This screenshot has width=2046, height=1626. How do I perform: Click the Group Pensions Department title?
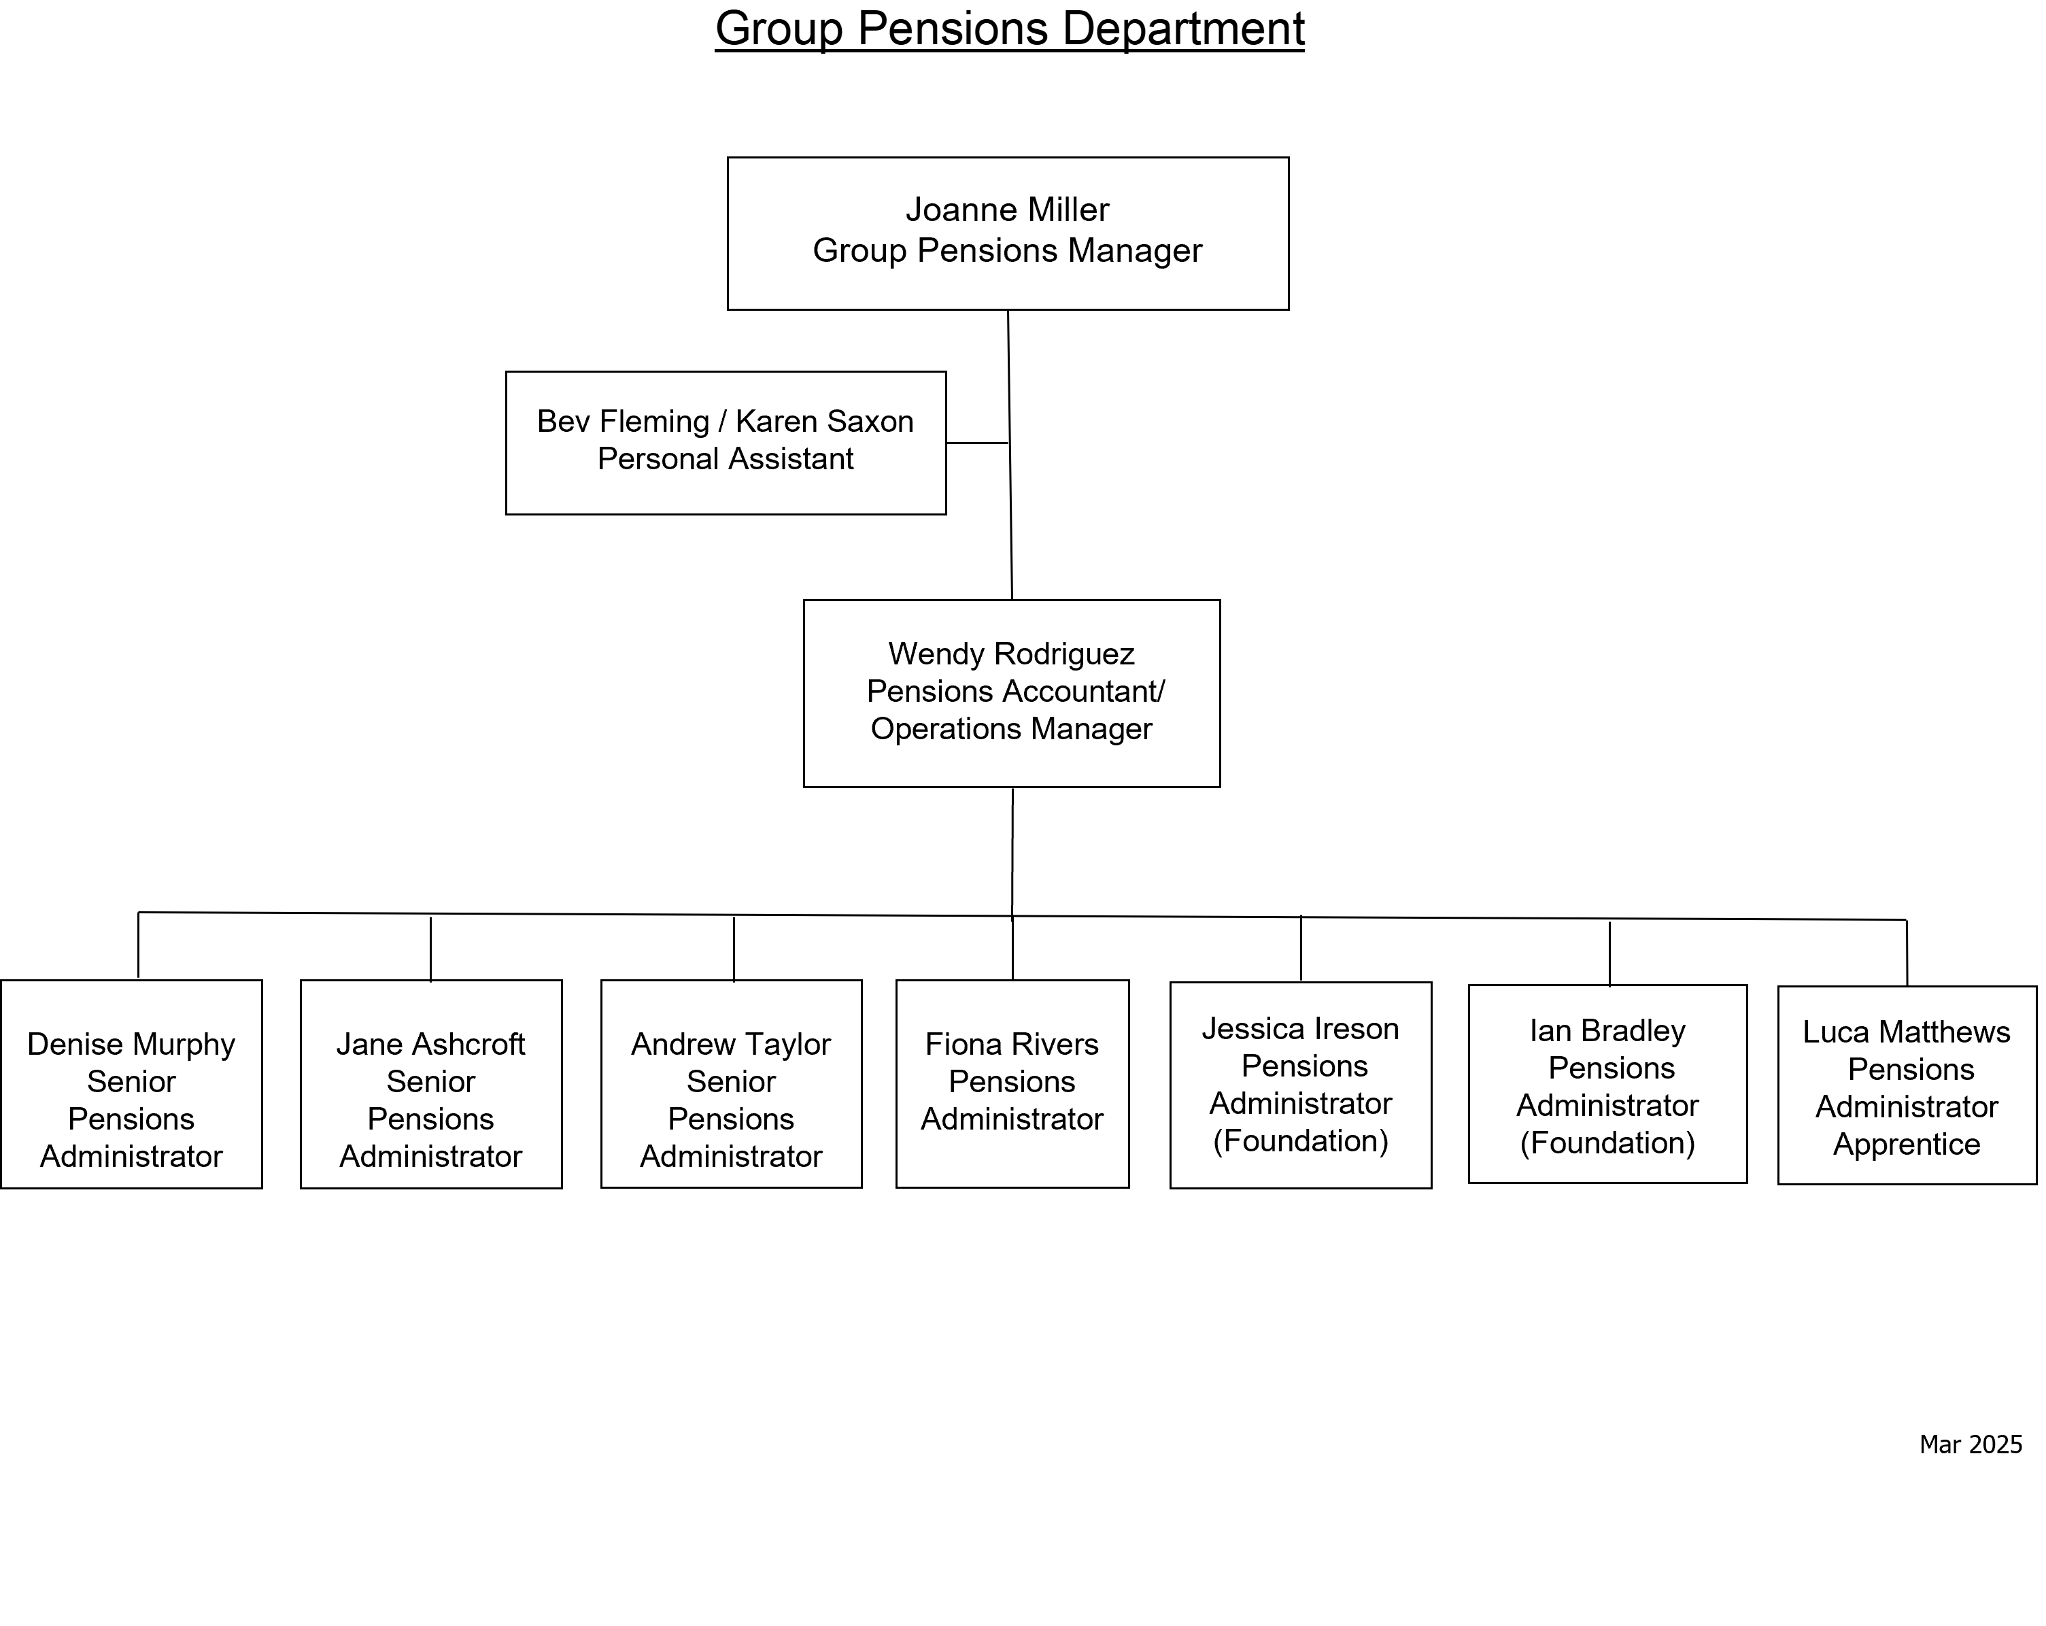(1010, 29)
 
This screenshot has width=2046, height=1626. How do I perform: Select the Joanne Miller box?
(1008, 233)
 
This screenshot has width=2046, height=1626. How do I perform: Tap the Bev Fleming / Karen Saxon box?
(726, 443)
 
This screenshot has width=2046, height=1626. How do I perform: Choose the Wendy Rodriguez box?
(1012, 694)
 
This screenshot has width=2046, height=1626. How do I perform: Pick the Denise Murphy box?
(132, 1084)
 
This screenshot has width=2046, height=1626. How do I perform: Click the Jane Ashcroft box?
(431, 1084)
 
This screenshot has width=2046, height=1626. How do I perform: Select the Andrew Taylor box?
(732, 1084)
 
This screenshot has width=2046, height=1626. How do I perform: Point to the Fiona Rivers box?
(1012, 1084)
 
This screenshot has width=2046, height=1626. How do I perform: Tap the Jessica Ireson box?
(1301, 1085)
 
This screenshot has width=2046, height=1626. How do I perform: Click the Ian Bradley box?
(1607, 1084)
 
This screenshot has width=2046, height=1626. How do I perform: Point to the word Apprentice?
(1907, 1145)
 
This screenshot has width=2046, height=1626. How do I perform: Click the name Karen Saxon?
(825, 422)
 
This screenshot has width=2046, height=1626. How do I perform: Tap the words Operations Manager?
(1012, 729)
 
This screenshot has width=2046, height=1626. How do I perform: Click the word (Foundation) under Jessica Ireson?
(1301, 1141)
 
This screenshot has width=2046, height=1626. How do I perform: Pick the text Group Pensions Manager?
(1008, 250)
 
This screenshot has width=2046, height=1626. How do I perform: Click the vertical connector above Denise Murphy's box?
(139, 945)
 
